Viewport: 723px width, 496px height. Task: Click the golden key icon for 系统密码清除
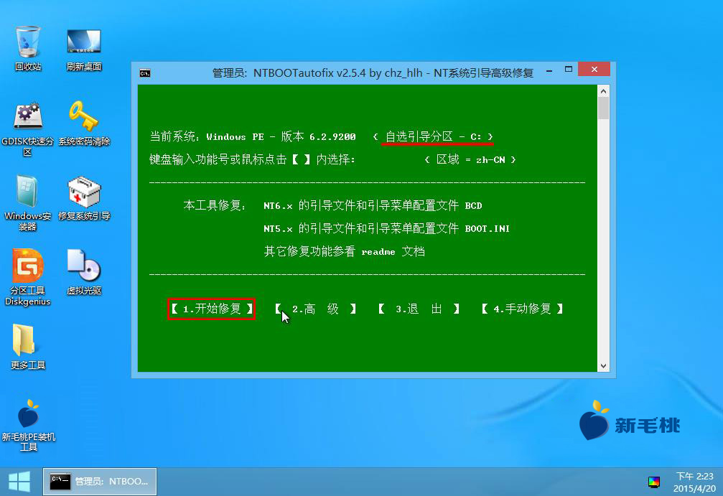(x=83, y=116)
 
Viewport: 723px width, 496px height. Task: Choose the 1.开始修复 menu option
(x=212, y=309)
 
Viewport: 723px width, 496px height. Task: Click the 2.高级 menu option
(x=315, y=309)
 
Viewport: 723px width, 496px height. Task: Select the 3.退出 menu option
(x=419, y=309)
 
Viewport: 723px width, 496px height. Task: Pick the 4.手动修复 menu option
(x=522, y=309)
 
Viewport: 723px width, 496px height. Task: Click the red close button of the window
(x=594, y=69)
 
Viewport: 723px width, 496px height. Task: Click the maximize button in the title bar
(x=569, y=69)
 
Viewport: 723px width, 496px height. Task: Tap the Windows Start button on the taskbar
(x=19, y=482)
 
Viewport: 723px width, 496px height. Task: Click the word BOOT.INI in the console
(x=487, y=229)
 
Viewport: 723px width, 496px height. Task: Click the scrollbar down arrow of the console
(x=603, y=366)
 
